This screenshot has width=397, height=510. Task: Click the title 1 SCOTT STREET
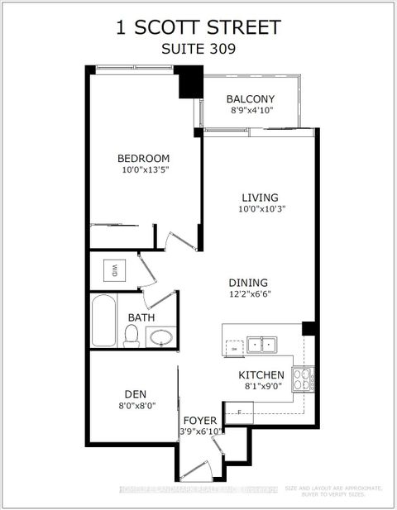coord(198,27)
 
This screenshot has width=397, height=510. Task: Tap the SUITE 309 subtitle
coord(198,49)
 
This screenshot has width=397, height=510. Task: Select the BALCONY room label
coord(251,100)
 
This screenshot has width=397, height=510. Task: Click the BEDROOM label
coord(143,159)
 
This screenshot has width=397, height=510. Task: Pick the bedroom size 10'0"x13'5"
coord(143,171)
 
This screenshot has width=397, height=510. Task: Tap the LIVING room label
coord(260,198)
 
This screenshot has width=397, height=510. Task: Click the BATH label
coord(140,317)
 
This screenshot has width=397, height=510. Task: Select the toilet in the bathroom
coord(131,335)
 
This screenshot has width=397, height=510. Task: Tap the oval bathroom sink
coord(160,337)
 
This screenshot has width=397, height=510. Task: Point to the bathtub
coord(104,321)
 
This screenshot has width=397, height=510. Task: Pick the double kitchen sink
coord(264,344)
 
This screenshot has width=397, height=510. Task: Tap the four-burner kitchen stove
coord(304,379)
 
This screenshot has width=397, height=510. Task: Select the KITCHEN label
coord(261,374)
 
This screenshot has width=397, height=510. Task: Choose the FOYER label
coord(200,420)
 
